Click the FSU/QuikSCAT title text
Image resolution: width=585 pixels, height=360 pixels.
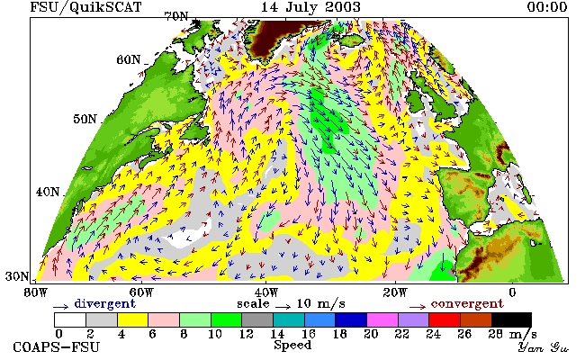coord(85,7)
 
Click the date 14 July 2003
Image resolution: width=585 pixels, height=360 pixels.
coord(310,7)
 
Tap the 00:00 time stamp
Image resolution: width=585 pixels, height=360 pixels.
coord(547,7)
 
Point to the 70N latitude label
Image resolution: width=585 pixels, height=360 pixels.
coord(176,16)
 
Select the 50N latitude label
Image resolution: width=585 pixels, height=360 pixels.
coord(85,119)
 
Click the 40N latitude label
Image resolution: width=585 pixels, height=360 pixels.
coord(48,192)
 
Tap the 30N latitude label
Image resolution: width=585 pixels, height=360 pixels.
coord(17,276)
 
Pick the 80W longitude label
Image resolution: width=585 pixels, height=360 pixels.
coord(35,292)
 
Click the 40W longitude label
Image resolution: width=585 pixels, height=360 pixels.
coord(265,292)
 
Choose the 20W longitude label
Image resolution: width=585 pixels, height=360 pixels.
coord(395,292)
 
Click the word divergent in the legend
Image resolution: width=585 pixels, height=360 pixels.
coord(104,303)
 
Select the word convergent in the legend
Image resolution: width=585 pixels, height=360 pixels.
coord(467,303)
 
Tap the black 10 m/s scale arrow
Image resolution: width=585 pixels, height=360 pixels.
coord(283,307)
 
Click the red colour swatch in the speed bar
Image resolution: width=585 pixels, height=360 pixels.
coord(445,320)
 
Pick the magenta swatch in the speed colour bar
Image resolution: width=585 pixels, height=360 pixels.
coord(382,320)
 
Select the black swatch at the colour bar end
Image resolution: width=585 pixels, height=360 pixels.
coord(511,320)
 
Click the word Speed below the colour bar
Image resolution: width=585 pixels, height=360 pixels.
coord(292,346)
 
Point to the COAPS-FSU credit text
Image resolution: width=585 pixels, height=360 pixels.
coord(57,346)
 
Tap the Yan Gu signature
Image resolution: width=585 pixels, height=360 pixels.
coord(544,347)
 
